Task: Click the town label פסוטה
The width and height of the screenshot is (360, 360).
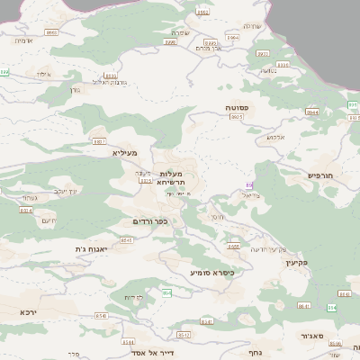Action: point(238,107)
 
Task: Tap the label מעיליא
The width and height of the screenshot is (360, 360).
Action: point(124,153)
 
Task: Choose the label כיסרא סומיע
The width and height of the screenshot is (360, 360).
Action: point(211,272)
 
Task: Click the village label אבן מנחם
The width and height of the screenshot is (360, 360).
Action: point(207,48)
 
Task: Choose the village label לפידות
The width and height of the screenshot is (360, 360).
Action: point(134,296)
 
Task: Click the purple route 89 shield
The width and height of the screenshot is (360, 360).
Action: point(249,184)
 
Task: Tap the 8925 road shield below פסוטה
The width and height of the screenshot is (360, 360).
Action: point(238,117)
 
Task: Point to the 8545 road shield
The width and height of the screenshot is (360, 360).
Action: point(126,240)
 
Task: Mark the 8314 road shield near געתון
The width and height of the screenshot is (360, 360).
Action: point(25,211)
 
